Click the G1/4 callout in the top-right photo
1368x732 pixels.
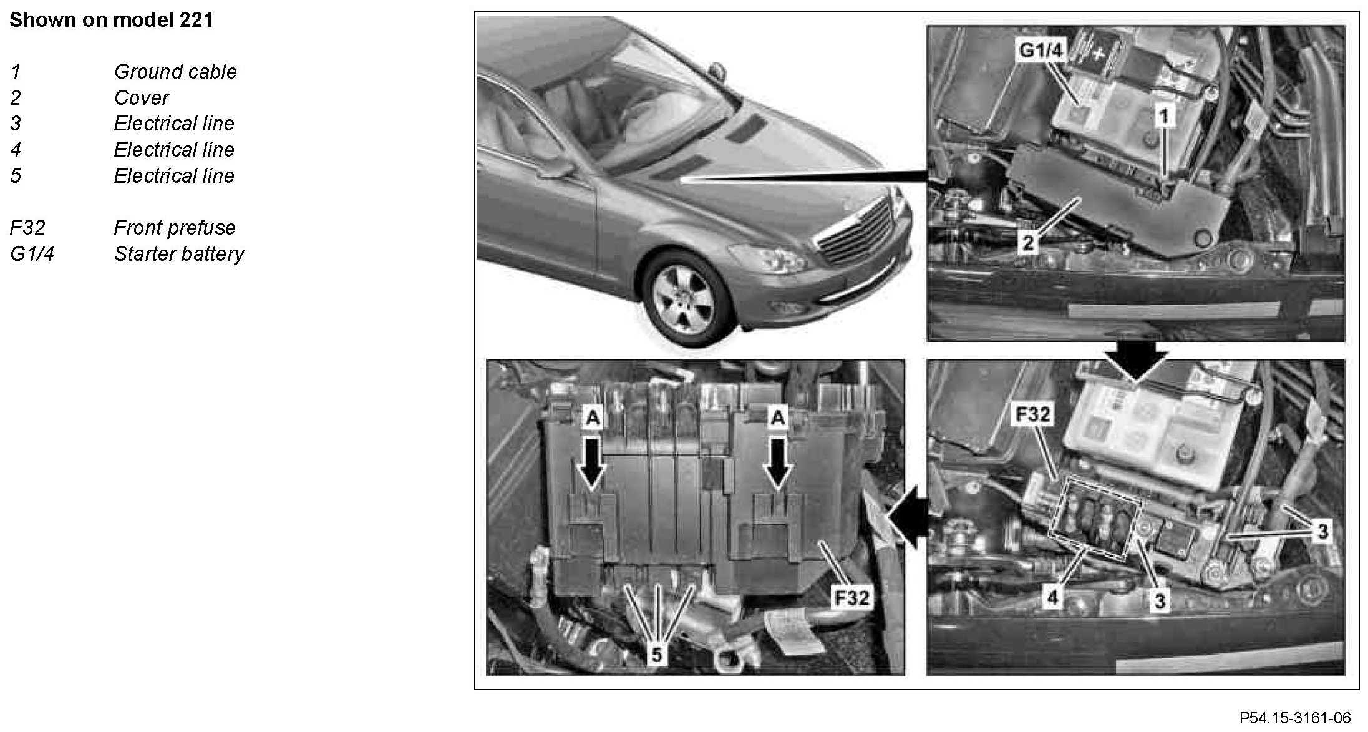pyautogui.click(x=1040, y=51)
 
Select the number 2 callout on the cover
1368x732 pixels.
pyautogui.click(x=1027, y=242)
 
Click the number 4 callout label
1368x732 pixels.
pyautogui.click(x=1052, y=597)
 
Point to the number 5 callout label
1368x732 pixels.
pyautogui.click(x=657, y=655)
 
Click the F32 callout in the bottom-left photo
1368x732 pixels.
pyautogui.click(x=851, y=598)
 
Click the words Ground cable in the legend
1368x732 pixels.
pyautogui.click(x=175, y=72)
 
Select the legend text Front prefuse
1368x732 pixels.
pyautogui.click(x=175, y=228)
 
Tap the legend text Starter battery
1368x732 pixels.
pyautogui.click(x=179, y=254)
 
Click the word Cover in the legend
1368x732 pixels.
pyautogui.click(x=142, y=98)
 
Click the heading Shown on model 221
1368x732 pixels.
pyautogui.click(x=112, y=20)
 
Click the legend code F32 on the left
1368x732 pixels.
pyautogui.click(x=27, y=228)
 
